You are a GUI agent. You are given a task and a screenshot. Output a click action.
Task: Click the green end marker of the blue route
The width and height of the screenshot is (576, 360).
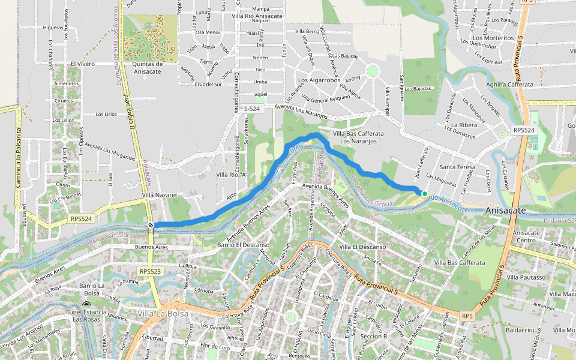click(424, 193)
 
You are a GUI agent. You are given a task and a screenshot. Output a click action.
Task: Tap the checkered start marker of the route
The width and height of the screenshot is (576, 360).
click(151, 225)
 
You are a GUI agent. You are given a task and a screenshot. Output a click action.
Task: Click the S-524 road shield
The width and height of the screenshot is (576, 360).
click(252, 109)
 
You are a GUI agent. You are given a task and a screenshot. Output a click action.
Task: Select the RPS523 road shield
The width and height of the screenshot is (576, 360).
click(150, 271)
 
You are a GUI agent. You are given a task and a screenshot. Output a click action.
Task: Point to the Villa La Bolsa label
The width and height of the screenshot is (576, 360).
click(163, 314)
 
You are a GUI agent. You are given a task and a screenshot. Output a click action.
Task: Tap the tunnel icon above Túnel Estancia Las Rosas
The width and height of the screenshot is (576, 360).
click(86, 305)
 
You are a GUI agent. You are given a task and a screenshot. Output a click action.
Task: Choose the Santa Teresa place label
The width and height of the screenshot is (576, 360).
click(457, 167)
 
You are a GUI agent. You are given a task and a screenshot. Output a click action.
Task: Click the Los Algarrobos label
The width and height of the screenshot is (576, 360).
click(319, 80)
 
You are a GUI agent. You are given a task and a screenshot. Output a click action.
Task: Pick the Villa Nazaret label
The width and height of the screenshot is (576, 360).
click(160, 196)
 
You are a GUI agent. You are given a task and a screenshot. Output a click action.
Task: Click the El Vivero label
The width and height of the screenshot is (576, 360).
click(83, 63)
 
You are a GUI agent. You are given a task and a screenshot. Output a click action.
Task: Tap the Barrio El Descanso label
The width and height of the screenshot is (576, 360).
click(242, 245)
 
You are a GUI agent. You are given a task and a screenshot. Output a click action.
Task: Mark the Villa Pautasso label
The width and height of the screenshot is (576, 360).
click(526, 277)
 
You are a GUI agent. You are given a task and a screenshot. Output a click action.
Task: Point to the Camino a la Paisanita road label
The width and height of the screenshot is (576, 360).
click(19, 158)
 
